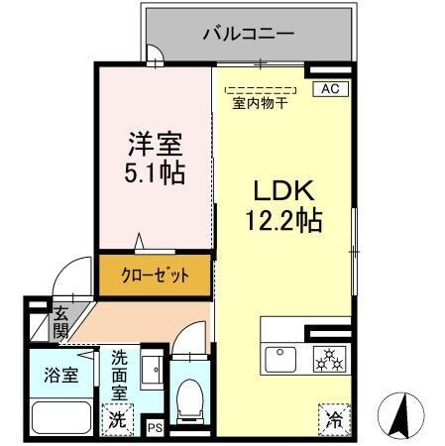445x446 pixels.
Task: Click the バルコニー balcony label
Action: (249, 33)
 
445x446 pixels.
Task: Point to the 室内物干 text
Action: (260, 103)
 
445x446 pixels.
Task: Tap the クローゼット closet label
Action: (154, 275)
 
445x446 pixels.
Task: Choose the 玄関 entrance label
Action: (59, 321)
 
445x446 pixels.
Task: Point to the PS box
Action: (154, 427)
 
